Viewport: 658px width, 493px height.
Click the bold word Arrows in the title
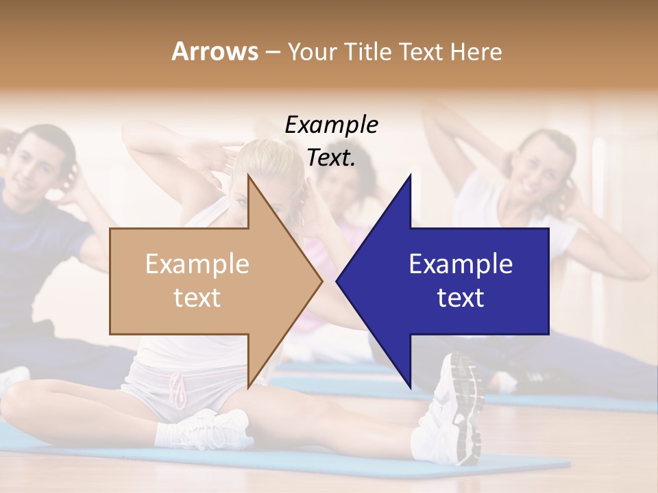215,51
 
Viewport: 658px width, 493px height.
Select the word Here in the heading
476,51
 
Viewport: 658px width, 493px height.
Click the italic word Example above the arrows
331,125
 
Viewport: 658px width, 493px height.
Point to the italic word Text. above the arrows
331,158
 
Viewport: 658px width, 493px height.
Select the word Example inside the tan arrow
197,264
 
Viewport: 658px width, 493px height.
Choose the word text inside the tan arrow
197,298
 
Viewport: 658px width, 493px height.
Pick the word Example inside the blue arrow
461,264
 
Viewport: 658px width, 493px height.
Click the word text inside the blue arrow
461,298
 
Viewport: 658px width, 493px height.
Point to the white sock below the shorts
168,434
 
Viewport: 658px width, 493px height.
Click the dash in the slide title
272,51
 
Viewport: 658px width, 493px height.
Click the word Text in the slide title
423,51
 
